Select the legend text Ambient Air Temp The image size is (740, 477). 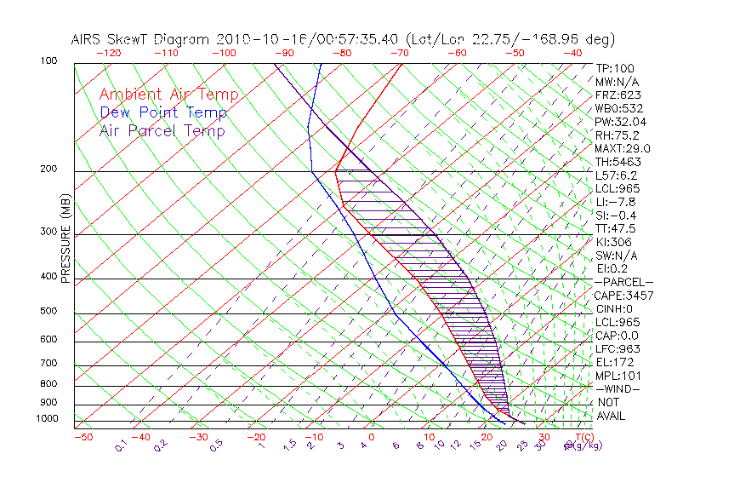[x=168, y=95]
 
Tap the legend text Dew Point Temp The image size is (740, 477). [x=163, y=112]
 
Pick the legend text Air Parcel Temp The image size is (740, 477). [x=162, y=130]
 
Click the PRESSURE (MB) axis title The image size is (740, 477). [x=65, y=238]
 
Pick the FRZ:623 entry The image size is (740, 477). [x=616, y=95]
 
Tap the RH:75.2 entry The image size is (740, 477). [x=617, y=135]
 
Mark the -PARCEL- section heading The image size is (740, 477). [x=623, y=282]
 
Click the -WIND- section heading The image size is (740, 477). [x=618, y=388]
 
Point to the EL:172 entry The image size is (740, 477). [x=614, y=362]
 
